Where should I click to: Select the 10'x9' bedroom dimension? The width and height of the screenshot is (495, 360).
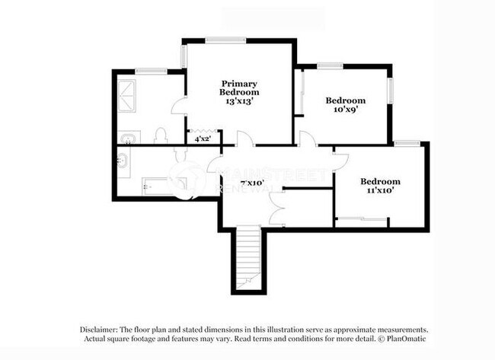(x=346, y=109)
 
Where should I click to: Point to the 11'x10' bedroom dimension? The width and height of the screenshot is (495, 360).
(x=380, y=191)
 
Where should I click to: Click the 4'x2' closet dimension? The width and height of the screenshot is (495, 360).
(x=203, y=139)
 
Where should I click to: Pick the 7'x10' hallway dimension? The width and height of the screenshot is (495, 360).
(x=251, y=183)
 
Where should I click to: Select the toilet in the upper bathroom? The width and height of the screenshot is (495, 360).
(x=161, y=136)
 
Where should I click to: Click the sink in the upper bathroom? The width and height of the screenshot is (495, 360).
(x=130, y=139)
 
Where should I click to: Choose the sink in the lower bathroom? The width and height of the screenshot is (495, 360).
(x=124, y=160)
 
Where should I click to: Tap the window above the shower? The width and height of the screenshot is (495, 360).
(x=152, y=71)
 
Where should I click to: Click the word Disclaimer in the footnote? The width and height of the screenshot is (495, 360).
(x=103, y=330)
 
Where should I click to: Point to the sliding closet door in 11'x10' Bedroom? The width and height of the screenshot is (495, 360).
(x=361, y=219)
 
